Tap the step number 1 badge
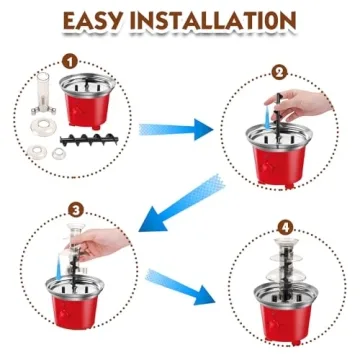[70, 62]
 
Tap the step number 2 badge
[279, 72]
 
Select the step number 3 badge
[76, 211]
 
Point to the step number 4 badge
[286, 228]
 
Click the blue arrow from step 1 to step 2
[176, 129]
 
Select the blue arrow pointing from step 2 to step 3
[182, 203]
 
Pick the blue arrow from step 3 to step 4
[180, 286]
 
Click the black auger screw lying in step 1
[89, 139]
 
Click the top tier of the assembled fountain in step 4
[286, 242]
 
